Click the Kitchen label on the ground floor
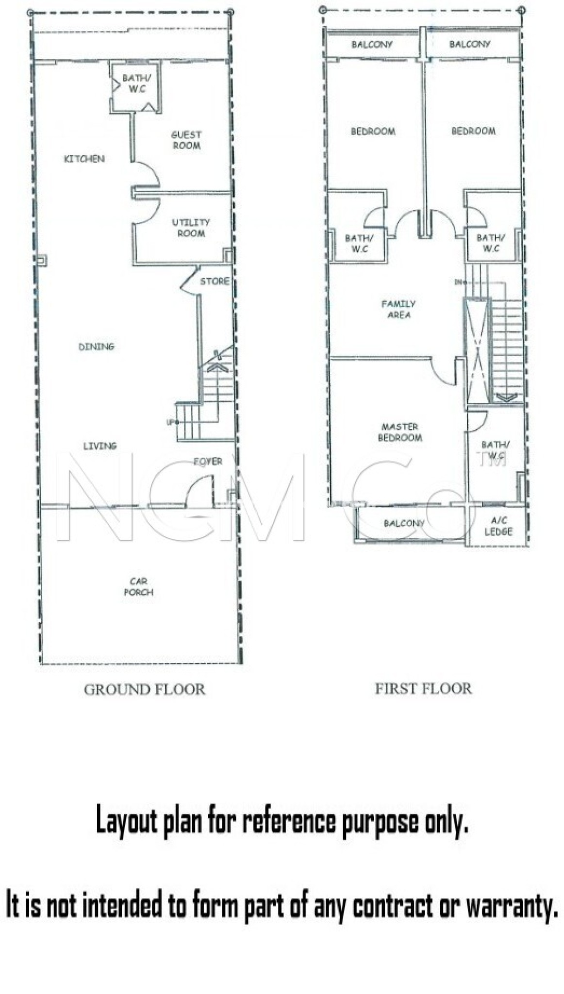click(x=84, y=159)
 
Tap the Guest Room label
click(x=186, y=140)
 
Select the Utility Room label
click(x=191, y=228)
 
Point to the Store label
click(x=215, y=281)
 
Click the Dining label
click(x=96, y=347)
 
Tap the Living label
click(x=100, y=446)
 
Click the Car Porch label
click(x=138, y=586)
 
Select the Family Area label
click(x=398, y=309)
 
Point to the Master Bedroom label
click(x=400, y=432)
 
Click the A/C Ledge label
click(x=498, y=526)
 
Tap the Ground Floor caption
click(x=144, y=690)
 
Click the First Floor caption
click(x=423, y=689)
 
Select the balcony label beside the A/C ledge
click(x=404, y=523)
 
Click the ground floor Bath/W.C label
click(x=136, y=83)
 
